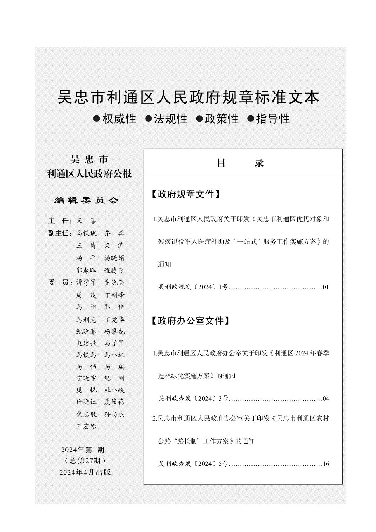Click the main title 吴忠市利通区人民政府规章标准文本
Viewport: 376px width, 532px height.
pyautogui.click(x=188, y=97)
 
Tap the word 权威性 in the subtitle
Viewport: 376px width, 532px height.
pyautogui.click(x=119, y=119)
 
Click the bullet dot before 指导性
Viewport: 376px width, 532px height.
pyautogui.click(x=250, y=119)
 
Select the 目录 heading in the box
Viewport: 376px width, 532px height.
pyautogui.click(x=240, y=163)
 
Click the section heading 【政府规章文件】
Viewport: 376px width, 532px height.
pyautogui.click(x=186, y=195)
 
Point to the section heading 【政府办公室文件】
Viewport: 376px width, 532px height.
pyautogui.click(x=191, y=321)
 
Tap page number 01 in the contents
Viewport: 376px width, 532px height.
pyautogui.click(x=326, y=287)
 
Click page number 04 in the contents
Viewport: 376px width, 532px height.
pyautogui.click(x=326, y=399)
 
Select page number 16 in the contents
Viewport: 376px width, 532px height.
pyautogui.click(x=326, y=464)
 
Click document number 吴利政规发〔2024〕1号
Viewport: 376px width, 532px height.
pyautogui.click(x=193, y=287)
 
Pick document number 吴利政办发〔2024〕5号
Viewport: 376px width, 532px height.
pyautogui.click(x=193, y=464)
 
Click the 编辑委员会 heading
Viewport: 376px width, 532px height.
pyautogui.click(x=87, y=201)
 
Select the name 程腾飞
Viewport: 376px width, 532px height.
pyautogui.click(x=114, y=271)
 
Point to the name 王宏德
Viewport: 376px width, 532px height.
pyautogui.click(x=86, y=426)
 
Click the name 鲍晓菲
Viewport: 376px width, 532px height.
pyautogui.click(x=86, y=331)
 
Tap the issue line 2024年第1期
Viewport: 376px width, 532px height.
pyautogui.click(x=83, y=450)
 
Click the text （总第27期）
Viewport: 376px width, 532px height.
pyautogui.click(x=85, y=461)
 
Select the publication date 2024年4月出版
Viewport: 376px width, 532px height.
pyautogui.click(x=85, y=472)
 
